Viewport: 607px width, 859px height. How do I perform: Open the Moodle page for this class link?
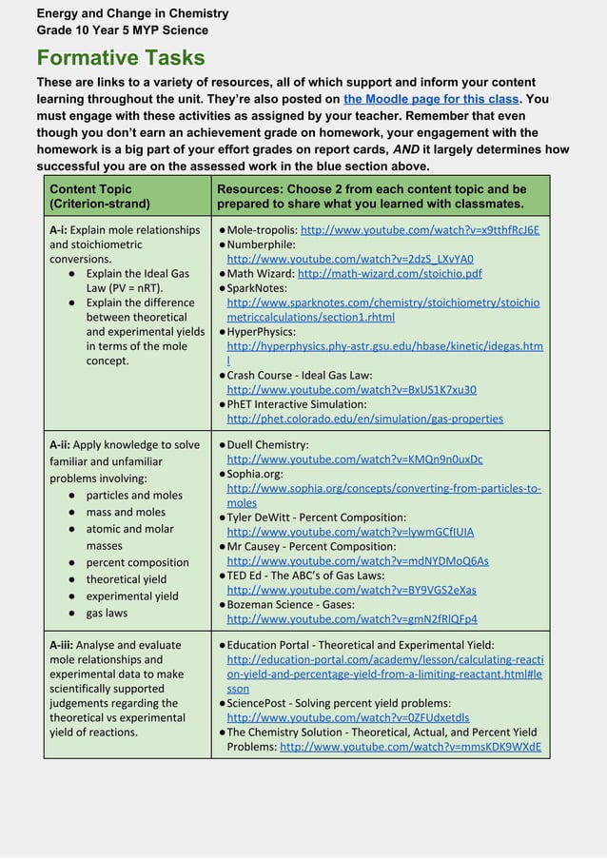(431, 99)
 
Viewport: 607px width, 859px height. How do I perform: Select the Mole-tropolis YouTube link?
(420, 229)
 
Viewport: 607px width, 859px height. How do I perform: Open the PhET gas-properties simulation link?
(364, 419)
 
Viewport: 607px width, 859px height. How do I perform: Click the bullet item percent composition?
(137, 562)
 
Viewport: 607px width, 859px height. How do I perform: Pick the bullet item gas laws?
(107, 613)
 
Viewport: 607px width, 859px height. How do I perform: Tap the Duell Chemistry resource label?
(267, 444)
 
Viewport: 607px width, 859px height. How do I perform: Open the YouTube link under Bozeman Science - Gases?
(352, 619)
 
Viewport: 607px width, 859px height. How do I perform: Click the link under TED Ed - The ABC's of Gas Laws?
(351, 590)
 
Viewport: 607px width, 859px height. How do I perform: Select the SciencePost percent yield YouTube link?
(347, 718)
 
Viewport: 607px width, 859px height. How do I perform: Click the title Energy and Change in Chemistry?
(132, 13)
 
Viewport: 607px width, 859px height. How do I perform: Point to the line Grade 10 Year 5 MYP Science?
(122, 30)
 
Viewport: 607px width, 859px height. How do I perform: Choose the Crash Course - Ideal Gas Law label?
(299, 375)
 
